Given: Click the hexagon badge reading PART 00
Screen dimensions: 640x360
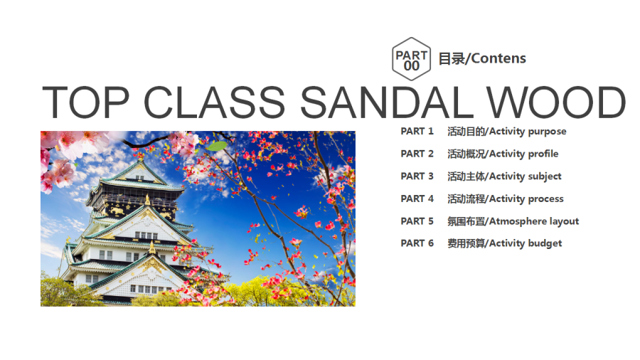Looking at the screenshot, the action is click(412, 59).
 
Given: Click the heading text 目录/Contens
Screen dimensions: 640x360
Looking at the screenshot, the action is click(482, 59).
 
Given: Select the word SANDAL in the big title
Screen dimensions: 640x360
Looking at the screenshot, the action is click(387, 102).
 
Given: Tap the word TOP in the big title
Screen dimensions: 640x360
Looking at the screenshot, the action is click(86, 102).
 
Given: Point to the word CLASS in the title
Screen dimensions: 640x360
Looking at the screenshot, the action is click(215, 102).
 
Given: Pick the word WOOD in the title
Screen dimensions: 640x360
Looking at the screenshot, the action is click(556, 102).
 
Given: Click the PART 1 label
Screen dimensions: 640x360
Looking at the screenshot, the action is click(417, 132).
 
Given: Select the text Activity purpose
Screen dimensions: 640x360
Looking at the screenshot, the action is click(528, 132).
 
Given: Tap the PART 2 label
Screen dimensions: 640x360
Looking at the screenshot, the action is click(417, 154).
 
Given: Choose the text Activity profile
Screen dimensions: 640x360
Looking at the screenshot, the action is click(523, 154).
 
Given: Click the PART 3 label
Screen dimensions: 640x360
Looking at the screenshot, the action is click(417, 176).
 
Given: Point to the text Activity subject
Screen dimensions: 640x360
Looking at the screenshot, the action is click(526, 176).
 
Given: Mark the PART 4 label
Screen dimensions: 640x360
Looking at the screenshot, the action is click(417, 198).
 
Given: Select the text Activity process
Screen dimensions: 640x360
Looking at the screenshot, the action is click(526, 198).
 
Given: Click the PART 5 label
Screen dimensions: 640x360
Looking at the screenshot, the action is click(417, 221).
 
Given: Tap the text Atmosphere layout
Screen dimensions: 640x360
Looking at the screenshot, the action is click(534, 221).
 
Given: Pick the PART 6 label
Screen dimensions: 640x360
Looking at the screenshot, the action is click(417, 243).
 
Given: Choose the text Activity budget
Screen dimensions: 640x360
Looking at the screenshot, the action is click(526, 243).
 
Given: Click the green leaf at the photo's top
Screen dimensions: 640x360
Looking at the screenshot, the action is click(217, 146).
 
